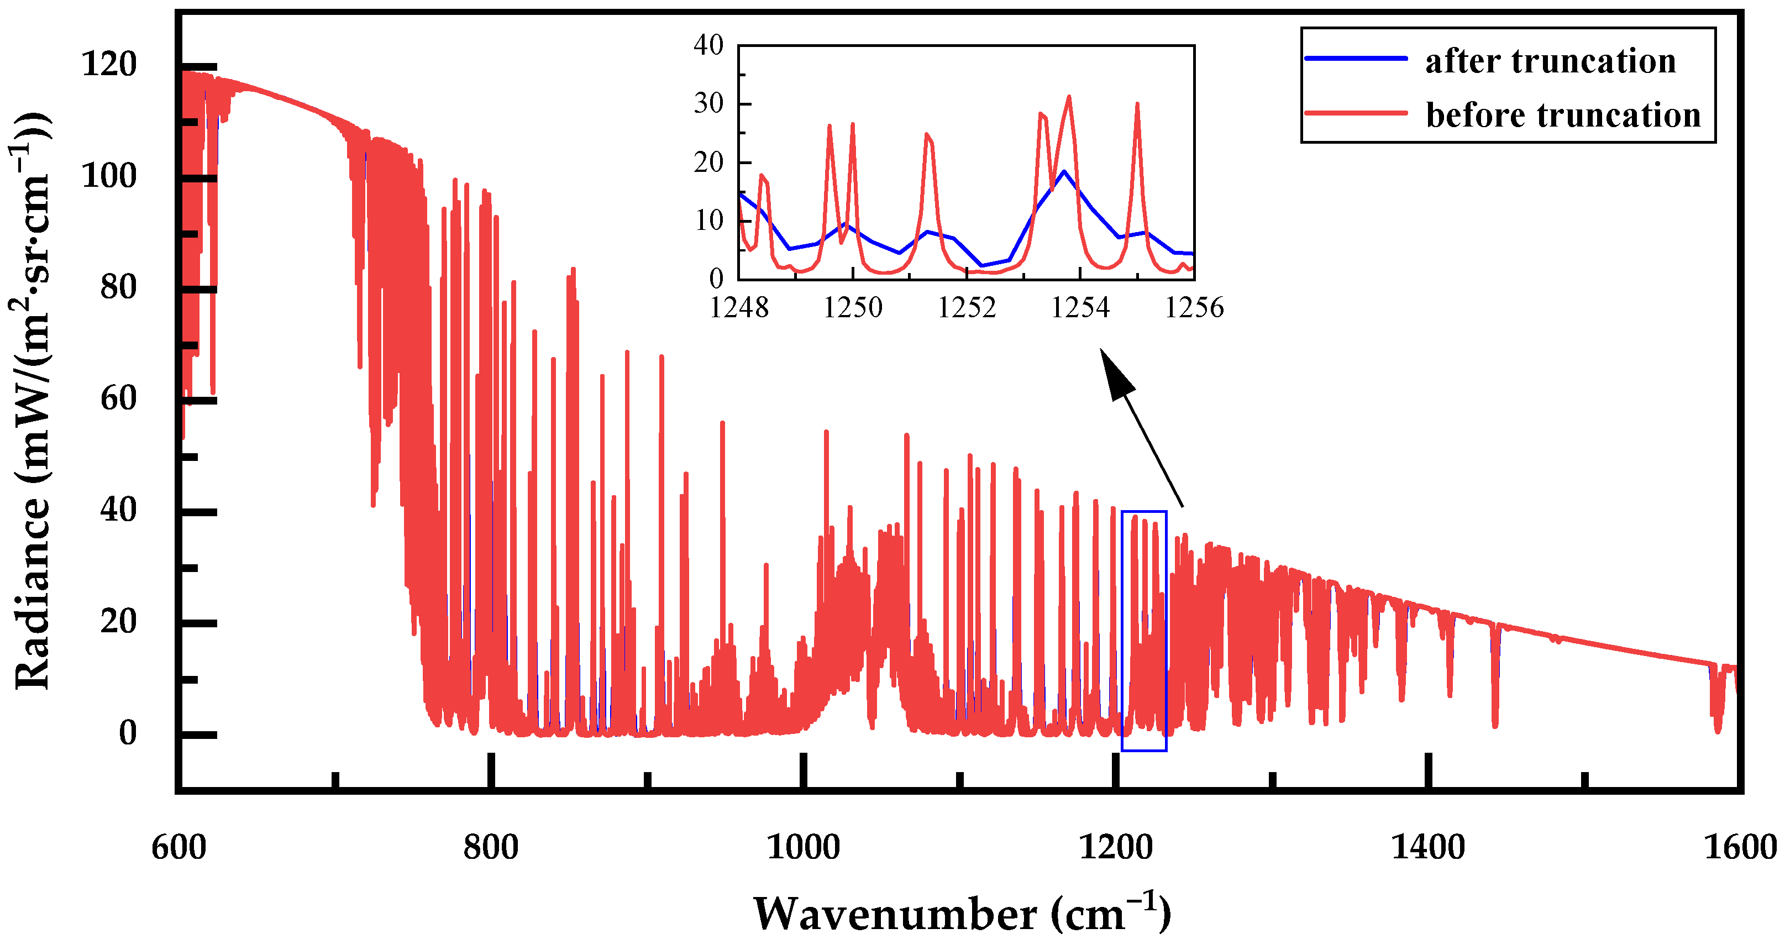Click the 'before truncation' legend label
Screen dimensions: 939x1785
(1563, 115)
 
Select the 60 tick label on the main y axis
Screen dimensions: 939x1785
(118, 398)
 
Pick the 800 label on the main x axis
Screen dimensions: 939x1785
(491, 847)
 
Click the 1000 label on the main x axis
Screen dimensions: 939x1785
(802, 847)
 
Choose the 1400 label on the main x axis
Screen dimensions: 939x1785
(1427, 847)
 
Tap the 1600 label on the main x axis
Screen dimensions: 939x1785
(1739, 847)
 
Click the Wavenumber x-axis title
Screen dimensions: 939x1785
(962, 914)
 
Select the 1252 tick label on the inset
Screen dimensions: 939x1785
(966, 307)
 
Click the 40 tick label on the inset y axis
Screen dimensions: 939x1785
(708, 46)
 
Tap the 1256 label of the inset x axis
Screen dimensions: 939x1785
(1194, 307)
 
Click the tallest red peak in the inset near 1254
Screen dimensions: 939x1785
(1069, 97)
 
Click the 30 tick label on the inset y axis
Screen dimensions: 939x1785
(708, 104)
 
